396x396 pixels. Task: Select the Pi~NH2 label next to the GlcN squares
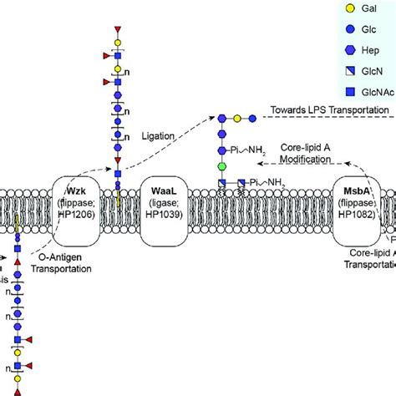(x=265, y=182)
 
